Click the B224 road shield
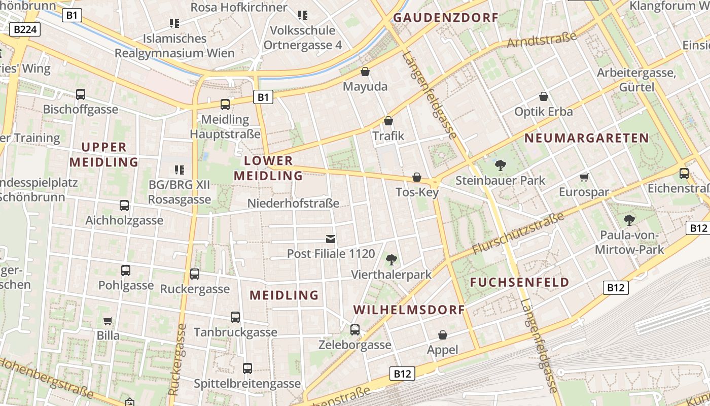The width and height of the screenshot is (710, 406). pyautogui.click(x=25, y=29)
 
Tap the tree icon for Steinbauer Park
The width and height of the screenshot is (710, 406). pyautogui.click(x=501, y=165)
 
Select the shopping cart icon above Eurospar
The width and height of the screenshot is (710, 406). pyautogui.click(x=584, y=177)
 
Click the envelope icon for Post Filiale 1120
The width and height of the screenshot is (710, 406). pyautogui.click(x=331, y=239)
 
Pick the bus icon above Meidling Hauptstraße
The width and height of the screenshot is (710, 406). pyautogui.click(x=225, y=105)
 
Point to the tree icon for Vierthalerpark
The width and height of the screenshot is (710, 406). pyautogui.click(x=391, y=260)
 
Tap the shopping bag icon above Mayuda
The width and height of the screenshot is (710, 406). pyautogui.click(x=365, y=72)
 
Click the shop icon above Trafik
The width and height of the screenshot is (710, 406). pyautogui.click(x=388, y=121)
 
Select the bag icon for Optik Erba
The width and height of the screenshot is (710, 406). pyautogui.click(x=544, y=96)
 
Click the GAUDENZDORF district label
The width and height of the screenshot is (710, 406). pyautogui.click(x=446, y=18)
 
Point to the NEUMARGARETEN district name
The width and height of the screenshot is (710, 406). pyautogui.click(x=587, y=138)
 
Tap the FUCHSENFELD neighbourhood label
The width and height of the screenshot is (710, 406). pyautogui.click(x=520, y=283)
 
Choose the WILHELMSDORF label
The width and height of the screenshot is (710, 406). pyautogui.click(x=409, y=310)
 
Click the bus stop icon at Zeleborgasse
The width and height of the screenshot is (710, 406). pyautogui.click(x=355, y=330)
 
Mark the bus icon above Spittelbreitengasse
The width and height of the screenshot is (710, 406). pyautogui.click(x=247, y=368)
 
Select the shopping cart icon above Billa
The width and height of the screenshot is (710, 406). pyautogui.click(x=108, y=321)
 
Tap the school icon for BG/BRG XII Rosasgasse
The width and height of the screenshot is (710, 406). pyautogui.click(x=179, y=170)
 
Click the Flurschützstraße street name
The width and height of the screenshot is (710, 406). pyautogui.click(x=518, y=233)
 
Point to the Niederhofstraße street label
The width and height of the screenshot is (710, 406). pyautogui.click(x=293, y=204)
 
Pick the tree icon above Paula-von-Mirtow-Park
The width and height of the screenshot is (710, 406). pyautogui.click(x=629, y=220)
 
